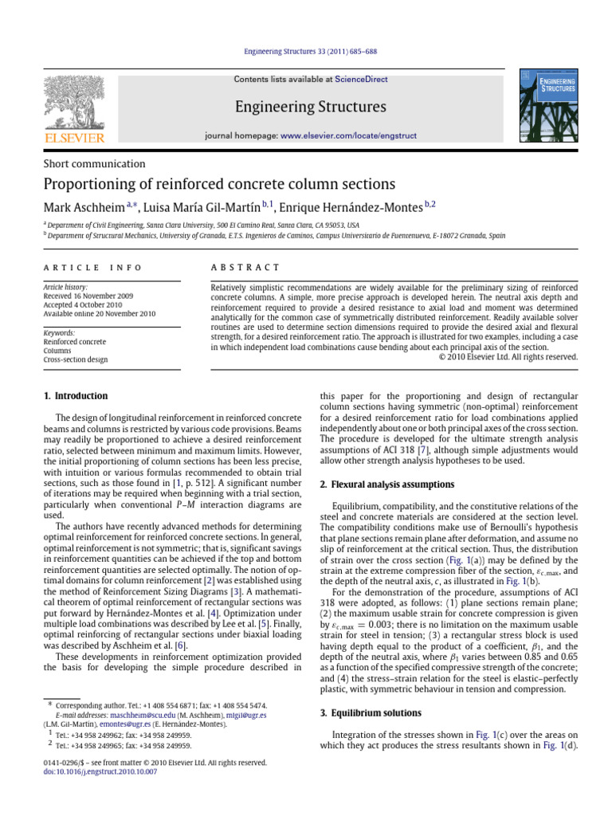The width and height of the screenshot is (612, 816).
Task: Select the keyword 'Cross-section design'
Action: pyautogui.click(x=76, y=360)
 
